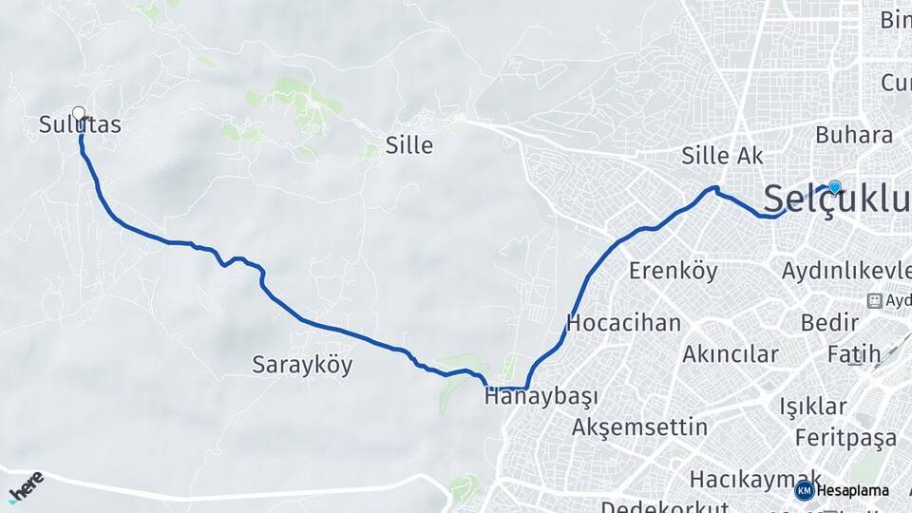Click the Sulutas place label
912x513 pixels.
(80, 124)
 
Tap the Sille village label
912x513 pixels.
(409, 145)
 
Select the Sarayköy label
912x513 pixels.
(302, 365)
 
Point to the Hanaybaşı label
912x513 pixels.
(543, 397)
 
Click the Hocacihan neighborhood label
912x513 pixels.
(623, 323)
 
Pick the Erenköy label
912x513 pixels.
(673, 271)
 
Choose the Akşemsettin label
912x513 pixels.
(639, 427)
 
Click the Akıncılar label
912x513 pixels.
(730, 354)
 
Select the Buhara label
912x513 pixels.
(854, 136)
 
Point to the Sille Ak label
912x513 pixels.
(723, 156)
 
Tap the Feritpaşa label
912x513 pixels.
(845, 438)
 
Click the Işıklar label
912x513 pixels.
(813, 407)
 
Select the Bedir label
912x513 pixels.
(830, 322)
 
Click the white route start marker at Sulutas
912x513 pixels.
(79, 113)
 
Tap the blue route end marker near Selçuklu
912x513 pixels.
(834, 187)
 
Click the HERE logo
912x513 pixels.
(26, 486)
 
